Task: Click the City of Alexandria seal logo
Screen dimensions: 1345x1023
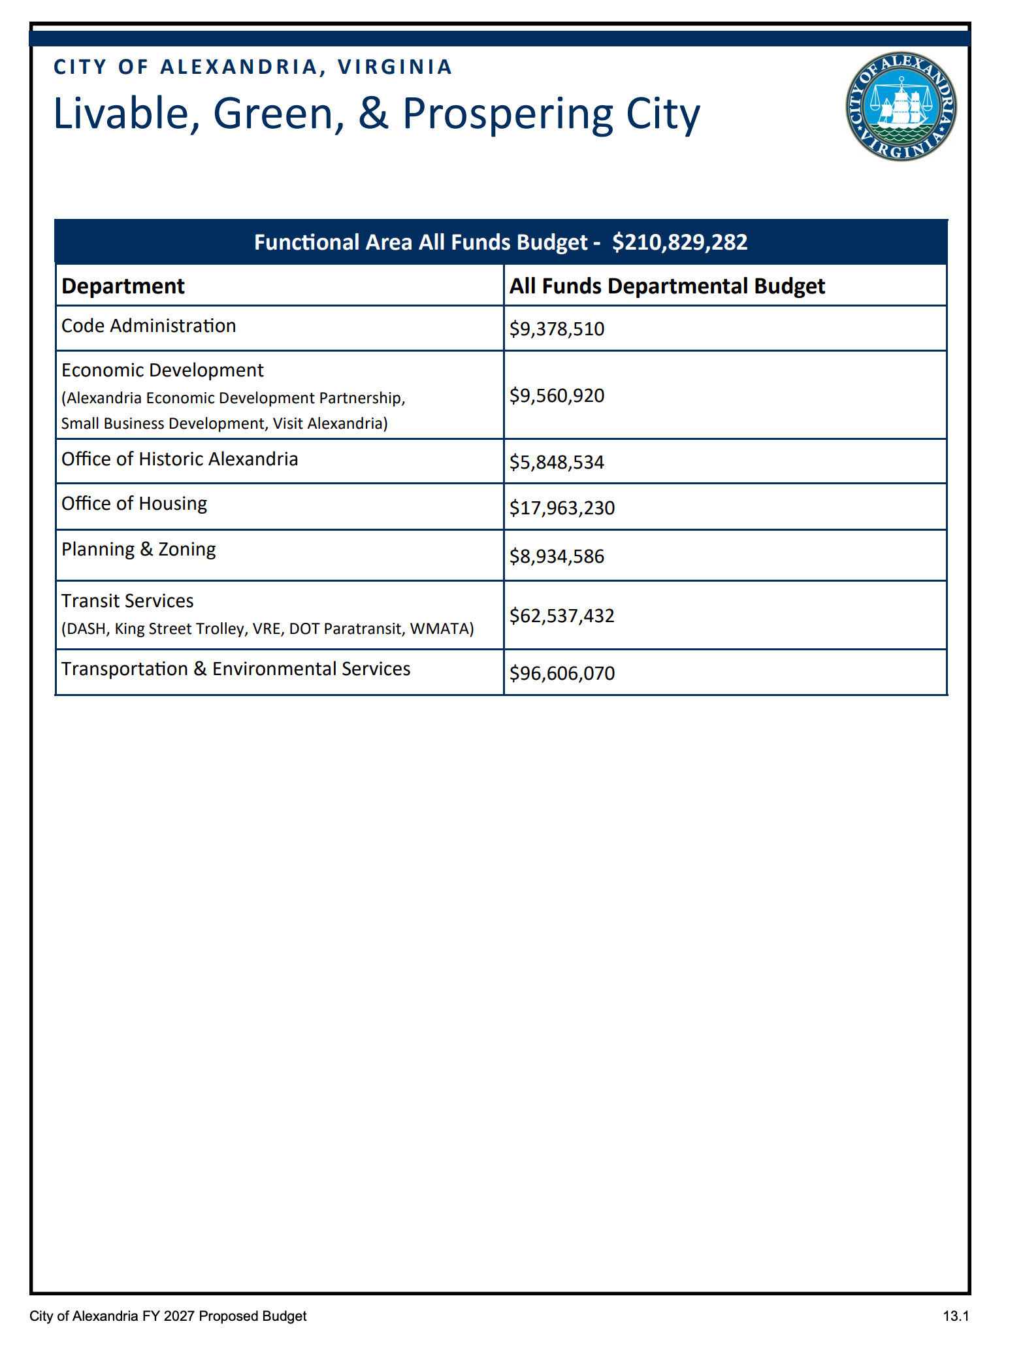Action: coord(901,107)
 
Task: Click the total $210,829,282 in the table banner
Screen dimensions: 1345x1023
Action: coord(679,242)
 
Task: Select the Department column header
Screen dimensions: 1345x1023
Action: coord(123,286)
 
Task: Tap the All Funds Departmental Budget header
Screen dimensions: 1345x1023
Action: coord(667,286)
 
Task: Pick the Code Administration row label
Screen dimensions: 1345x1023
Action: coord(148,326)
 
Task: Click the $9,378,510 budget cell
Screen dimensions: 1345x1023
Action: coord(557,329)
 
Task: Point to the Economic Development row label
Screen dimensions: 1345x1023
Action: coord(162,371)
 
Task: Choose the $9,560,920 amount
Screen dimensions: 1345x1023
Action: coord(557,395)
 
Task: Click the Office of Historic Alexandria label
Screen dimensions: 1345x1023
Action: coord(180,459)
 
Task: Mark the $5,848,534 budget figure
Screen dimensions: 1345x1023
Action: coord(557,463)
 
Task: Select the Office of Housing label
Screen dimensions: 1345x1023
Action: coord(134,504)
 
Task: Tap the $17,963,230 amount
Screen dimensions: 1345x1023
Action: coord(562,508)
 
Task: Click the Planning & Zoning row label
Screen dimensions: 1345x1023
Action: coord(138,550)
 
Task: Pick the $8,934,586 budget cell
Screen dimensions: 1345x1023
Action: coord(557,557)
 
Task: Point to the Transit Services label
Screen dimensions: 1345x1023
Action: coord(127,601)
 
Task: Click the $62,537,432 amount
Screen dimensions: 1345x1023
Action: coord(562,616)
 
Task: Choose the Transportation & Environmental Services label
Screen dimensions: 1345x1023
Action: coord(236,669)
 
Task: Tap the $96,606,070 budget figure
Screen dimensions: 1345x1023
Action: coord(562,673)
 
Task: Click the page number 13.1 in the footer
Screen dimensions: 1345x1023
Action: coord(956,1316)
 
